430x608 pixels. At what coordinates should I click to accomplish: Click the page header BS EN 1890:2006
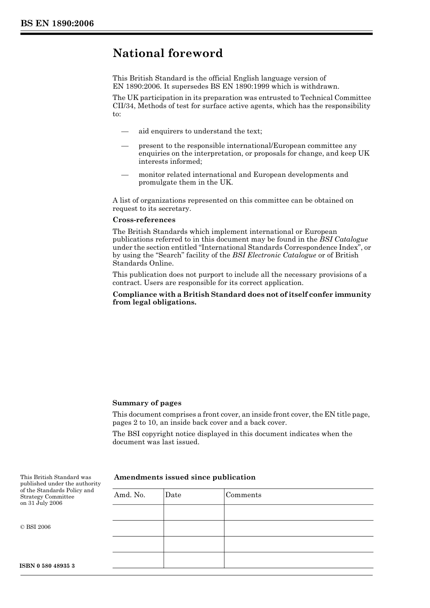point(57,24)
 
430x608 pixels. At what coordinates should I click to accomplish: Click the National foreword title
point(167,53)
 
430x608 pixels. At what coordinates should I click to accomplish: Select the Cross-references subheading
point(144,220)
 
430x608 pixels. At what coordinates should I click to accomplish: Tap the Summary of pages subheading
point(147,403)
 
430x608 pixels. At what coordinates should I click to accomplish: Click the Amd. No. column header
point(129,495)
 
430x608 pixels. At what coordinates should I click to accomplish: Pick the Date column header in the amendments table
point(173,495)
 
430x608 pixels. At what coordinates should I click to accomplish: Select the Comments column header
point(243,495)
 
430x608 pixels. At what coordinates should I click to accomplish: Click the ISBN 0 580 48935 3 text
point(48,566)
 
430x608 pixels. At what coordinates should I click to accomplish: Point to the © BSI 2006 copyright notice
point(35,527)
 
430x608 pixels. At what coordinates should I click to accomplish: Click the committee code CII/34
point(123,106)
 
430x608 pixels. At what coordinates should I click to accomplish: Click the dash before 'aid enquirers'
point(125,131)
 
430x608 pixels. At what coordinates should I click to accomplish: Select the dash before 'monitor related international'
point(125,175)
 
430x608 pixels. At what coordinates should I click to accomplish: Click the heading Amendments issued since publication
point(185,477)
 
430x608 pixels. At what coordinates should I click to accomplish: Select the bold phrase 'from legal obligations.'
point(154,302)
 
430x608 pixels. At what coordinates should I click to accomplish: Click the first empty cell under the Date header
point(194,513)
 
